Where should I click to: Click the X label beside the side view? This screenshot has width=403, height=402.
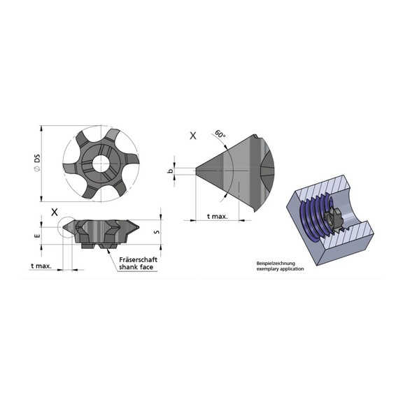pyautogui.click(x=54, y=211)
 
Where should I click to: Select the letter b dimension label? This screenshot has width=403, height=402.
pyautogui.click(x=170, y=171)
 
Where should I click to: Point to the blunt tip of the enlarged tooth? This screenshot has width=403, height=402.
pyautogui.click(x=195, y=168)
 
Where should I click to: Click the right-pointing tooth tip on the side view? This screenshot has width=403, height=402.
pyautogui.click(x=144, y=227)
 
